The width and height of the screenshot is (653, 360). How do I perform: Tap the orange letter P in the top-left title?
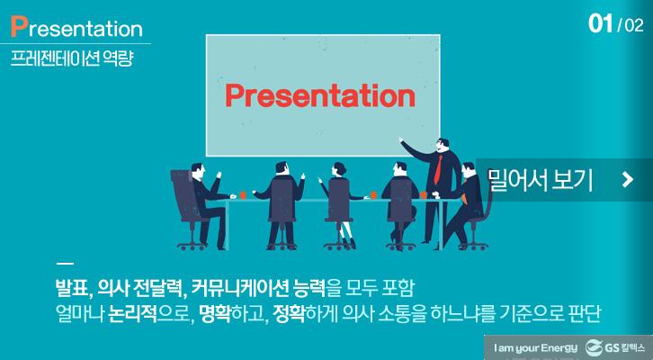pos(18,26)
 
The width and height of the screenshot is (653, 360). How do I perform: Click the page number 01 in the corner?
pos(600,24)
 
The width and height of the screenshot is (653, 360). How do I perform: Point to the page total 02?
pos(633,25)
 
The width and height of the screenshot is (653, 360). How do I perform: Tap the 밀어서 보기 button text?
pos(540,180)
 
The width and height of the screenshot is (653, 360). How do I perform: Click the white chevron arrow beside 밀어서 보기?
pos(627,181)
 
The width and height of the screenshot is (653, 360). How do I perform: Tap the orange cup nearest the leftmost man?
pos(243,193)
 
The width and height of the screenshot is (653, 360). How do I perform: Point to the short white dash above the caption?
pos(63,265)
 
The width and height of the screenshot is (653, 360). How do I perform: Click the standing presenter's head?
pos(442,144)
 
